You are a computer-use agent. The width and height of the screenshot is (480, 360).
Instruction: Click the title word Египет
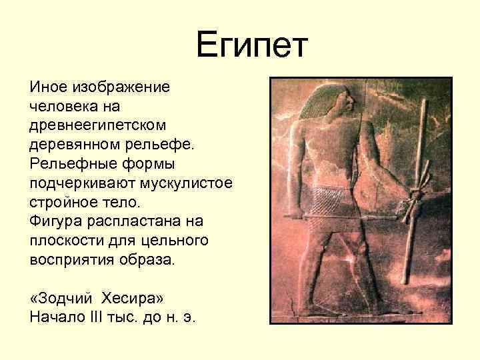(x=253, y=47)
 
